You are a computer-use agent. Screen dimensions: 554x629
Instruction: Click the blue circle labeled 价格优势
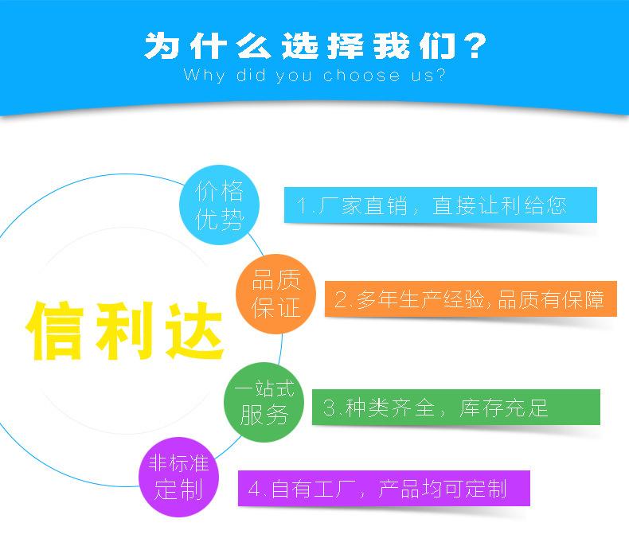(x=220, y=205)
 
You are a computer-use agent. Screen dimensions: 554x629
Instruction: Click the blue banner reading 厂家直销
(x=440, y=205)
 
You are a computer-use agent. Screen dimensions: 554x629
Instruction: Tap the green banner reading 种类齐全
(x=455, y=409)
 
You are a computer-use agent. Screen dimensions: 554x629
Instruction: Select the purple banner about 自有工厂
(x=384, y=488)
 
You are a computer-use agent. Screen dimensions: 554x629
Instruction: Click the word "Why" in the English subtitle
(x=200, y=76)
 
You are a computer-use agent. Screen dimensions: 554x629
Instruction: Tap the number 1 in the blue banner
(x=303, y=206)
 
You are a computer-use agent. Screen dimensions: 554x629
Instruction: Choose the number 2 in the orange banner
(x=340, y=300)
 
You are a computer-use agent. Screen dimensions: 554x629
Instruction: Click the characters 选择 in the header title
(x=316, y=45)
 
